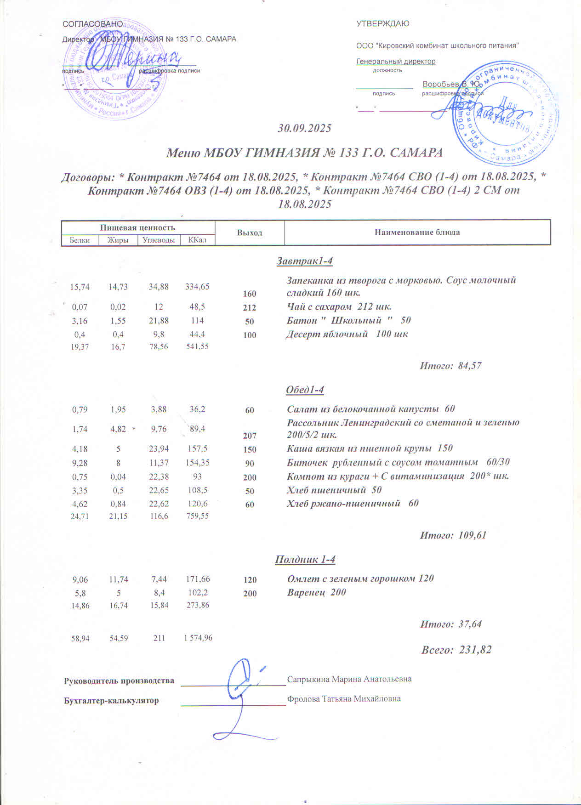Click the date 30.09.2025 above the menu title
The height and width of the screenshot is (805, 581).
click(x=304, y=128)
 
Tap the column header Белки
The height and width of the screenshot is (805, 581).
click(x=80, y=240)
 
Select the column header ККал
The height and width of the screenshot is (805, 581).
click(x=197, y=240)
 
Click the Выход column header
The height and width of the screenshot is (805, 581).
click(x=250, y=232)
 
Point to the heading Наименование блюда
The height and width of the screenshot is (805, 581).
click(x=417, y=232)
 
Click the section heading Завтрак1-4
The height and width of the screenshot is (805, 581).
click(x=304, y=261)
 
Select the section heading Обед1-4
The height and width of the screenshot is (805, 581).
click(x=305, y=390)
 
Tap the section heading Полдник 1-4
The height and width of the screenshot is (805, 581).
click(x=305, y=560)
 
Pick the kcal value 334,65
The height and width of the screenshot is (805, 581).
click(x=197, y=287)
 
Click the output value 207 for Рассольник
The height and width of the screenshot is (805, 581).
click(x=250, y=436)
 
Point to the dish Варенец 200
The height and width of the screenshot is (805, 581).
click(x=316, y=592)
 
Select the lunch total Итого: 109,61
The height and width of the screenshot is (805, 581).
click(x=453, y=535)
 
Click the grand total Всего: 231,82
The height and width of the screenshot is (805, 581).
click(x=456, y=650)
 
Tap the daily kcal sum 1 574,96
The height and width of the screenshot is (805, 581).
click(x=198, y=638)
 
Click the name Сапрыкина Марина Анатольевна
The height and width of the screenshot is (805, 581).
click(x=349, y=679)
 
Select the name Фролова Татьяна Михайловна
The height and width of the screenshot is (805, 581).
click(x=344, y=699)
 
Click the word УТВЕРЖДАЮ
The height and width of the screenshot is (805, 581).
click(x=382, y=24)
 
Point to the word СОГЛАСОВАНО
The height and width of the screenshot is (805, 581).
click(x=92, y=24)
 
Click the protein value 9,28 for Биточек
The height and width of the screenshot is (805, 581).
click(x=80, y=463)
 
